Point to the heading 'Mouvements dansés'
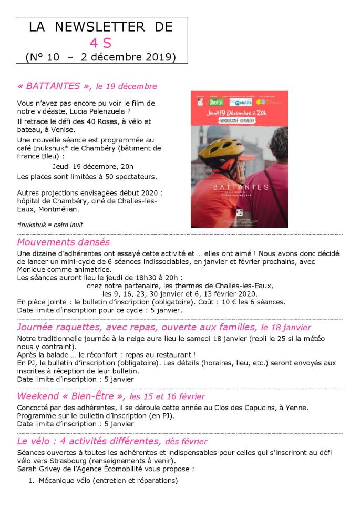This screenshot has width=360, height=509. coord(63,242)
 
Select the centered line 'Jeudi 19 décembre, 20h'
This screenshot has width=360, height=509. coord(93,166)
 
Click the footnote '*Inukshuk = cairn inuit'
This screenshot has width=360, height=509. coord(50,225)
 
